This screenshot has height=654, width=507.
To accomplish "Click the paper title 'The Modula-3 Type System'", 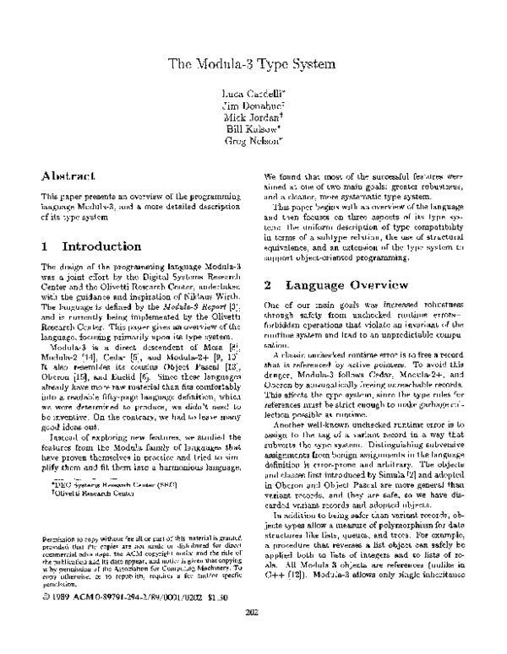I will pyautogui.click(x=253, y=63).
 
